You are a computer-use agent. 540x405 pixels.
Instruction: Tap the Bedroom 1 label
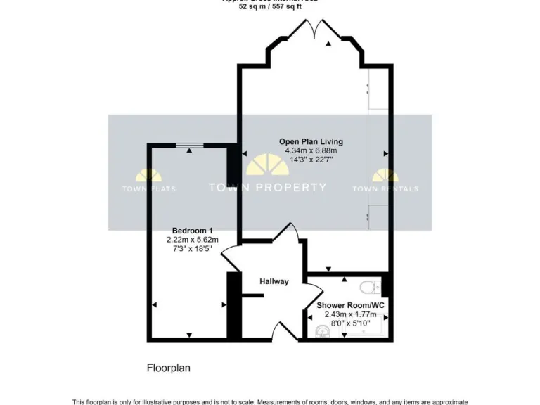(x=193, y=231)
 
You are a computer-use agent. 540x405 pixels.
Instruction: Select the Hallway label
(x=274, y=281)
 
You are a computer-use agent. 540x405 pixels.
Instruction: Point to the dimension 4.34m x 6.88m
(x=311, y=150)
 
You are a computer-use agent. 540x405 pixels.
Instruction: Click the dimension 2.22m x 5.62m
(x=193, y=240)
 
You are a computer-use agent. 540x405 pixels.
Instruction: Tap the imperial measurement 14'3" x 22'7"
(x=311, y=160)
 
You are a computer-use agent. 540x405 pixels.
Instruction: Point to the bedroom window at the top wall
(x=190, y=145)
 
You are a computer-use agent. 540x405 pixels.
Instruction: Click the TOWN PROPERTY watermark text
(x=268, y=187)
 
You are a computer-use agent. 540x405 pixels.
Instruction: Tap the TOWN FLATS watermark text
(x=149, y=188)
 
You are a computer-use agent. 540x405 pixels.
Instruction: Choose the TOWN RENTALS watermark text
(x=385, y=188)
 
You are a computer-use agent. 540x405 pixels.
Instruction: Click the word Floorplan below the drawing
(x=169, y=367)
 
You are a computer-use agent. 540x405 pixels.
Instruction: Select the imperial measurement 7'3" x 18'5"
(x=193, y=249)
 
